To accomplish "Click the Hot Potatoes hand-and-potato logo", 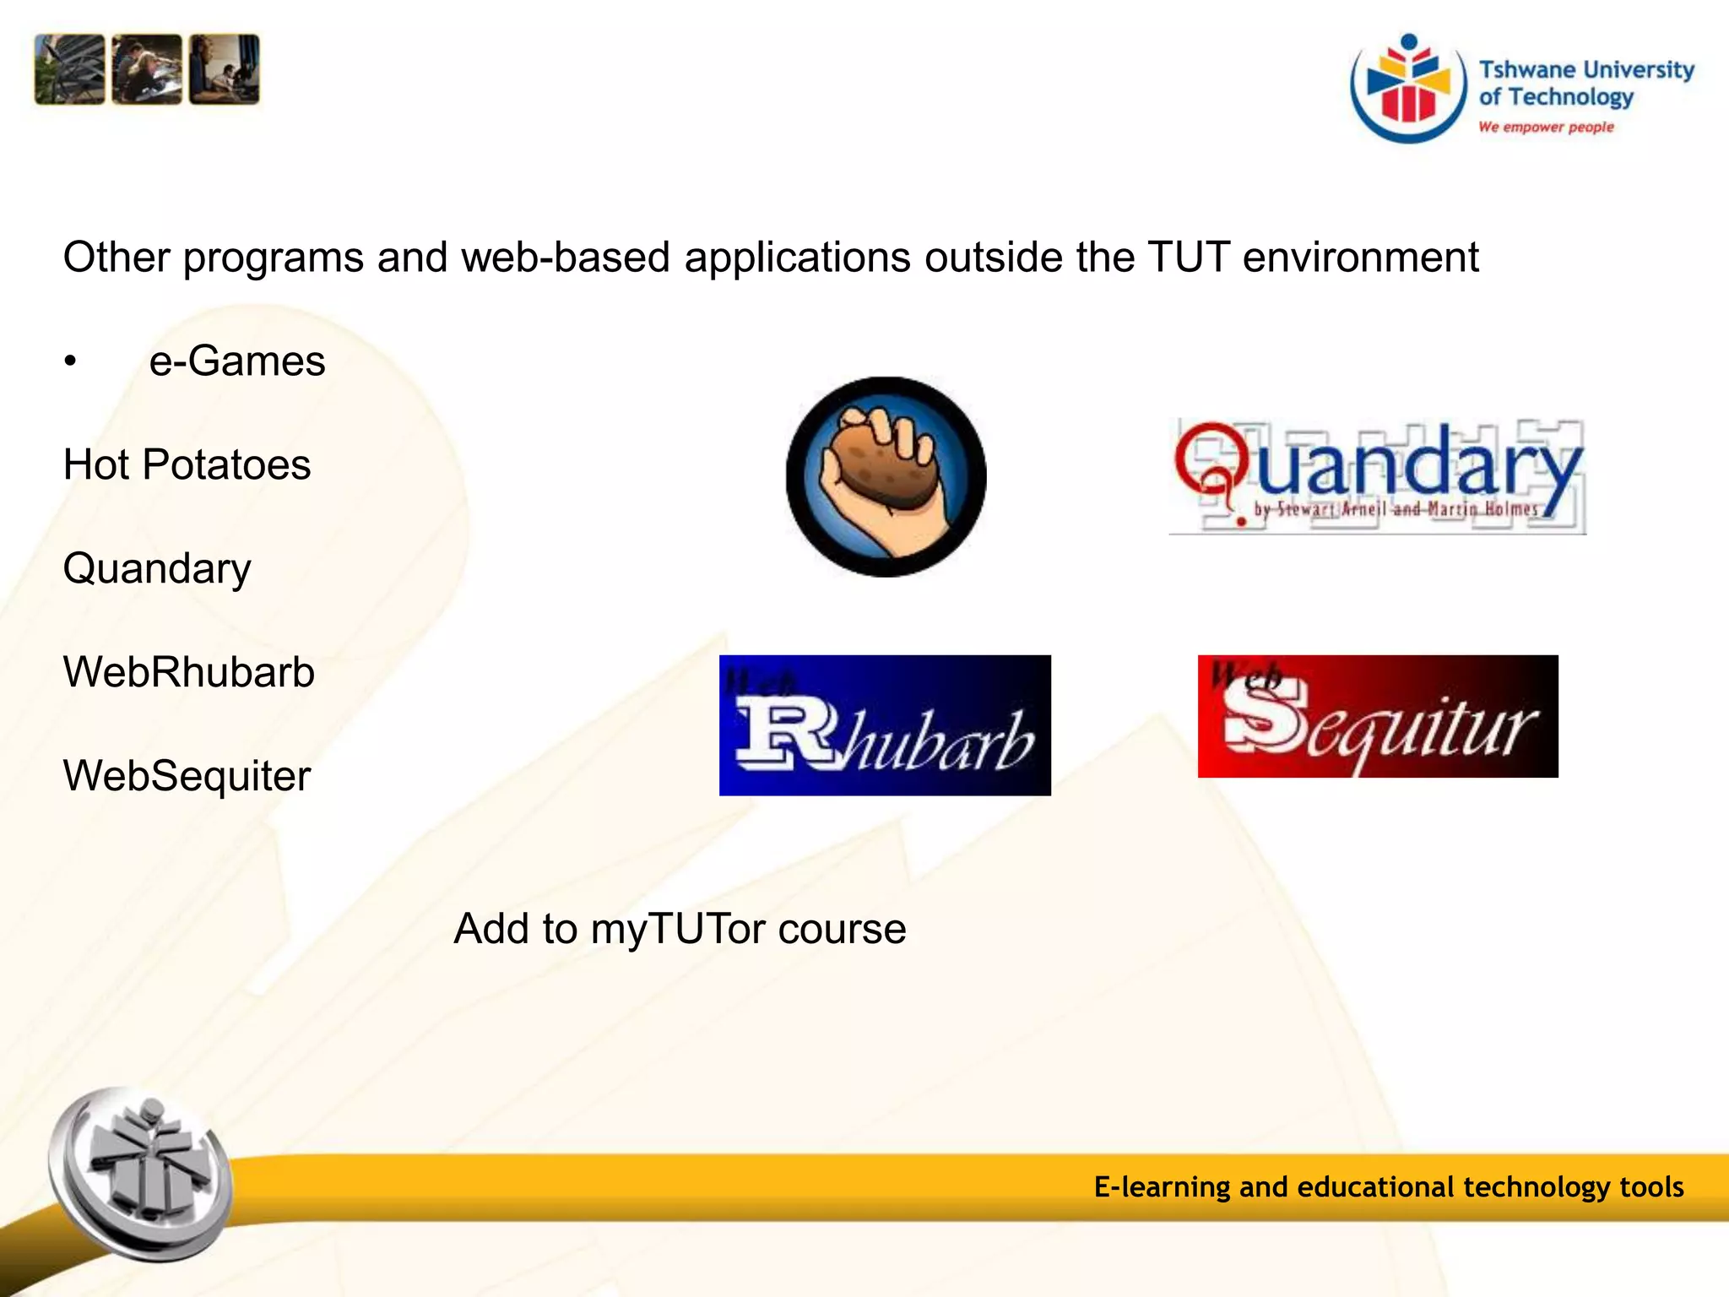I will click(x=886, y=477).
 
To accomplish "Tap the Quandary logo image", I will click(x=1378, y=475).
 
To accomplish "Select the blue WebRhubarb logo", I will click(x=885, y=724).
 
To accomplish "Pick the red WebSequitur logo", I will click(x=1378, y=716).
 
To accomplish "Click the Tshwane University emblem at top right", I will click(x=1408, y=89).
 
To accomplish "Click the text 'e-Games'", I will click(x=237, y=361).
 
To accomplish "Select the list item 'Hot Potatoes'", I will click(x=187, y=465).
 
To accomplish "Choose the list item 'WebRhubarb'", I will click(x=189, y=673).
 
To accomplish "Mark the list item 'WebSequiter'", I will click(x=187, y=776).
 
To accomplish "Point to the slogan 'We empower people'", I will click(x=1546, y=127).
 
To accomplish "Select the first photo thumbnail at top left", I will click(x=69, y=69).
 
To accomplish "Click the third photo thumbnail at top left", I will click(x=224, y=69).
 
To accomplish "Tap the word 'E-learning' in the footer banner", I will click(x=1162, y=1187).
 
